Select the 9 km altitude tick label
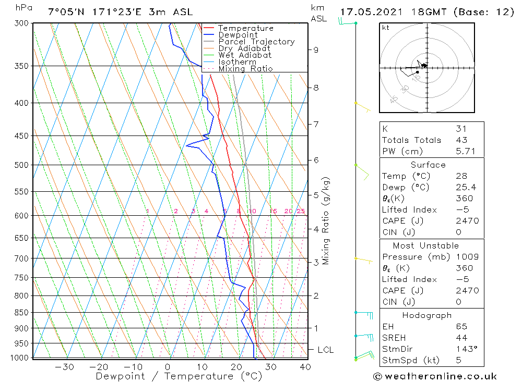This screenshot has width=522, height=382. (x=316, y=50)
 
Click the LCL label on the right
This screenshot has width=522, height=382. (x=325, y=350)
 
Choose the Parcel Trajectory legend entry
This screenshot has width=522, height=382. (x=256, y=42)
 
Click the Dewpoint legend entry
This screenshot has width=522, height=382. (x=238, y=35)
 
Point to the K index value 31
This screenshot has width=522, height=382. (x=461, y=129)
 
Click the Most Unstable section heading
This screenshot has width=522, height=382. (x=426, y=245)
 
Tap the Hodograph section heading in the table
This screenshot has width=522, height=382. (x=426, y=315)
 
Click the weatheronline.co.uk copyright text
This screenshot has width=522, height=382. (x=435, y=376)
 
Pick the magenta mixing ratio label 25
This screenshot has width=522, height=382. (x=301, y=211)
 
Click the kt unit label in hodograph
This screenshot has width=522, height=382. (x=386, y=28)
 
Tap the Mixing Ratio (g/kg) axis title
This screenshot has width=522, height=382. (x=326, y=221)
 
